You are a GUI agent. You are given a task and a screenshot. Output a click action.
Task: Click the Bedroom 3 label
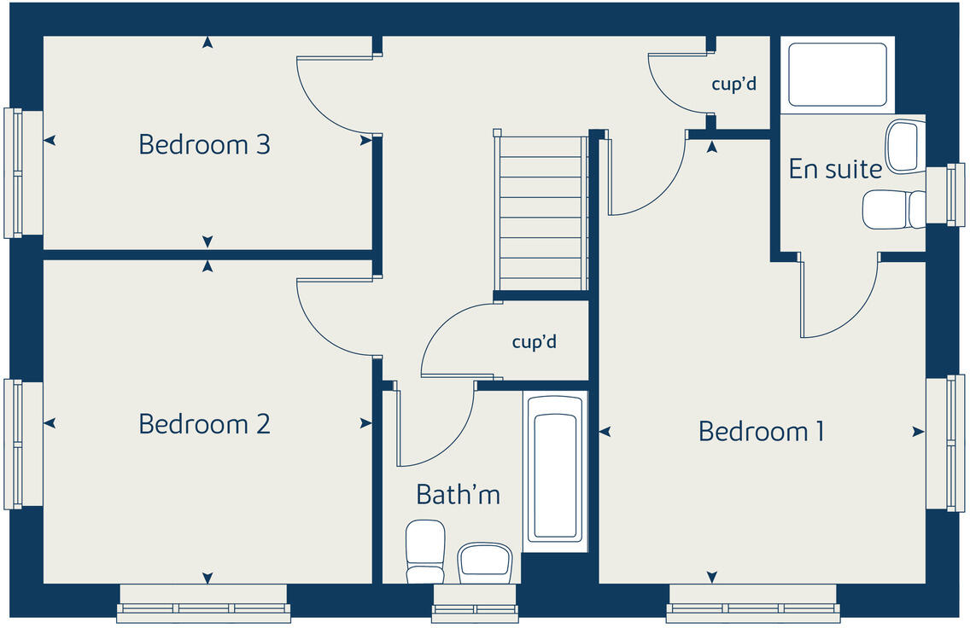[x=204, y=144]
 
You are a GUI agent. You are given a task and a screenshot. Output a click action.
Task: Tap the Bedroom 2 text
[x=204, y=423]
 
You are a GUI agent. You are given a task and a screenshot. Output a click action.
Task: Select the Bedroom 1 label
[x=761, y=431]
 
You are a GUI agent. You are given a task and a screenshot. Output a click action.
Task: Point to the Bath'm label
[x=458, y=494]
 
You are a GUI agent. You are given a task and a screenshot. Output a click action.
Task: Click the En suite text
[x=834, y=169]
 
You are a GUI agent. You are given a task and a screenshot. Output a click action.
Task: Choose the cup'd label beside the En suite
[x=733, y=84]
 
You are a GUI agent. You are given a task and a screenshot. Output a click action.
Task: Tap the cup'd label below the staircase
[x=534, y=342]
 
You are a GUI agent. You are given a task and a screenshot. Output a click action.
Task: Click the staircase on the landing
[x=541, y=213]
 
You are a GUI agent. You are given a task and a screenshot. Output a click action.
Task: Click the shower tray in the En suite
[x=837, y=74]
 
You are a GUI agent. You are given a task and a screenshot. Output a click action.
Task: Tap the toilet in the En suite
[x=892, y=209]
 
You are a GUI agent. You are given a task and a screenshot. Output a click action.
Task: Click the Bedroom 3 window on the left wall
[x=15, y=172]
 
